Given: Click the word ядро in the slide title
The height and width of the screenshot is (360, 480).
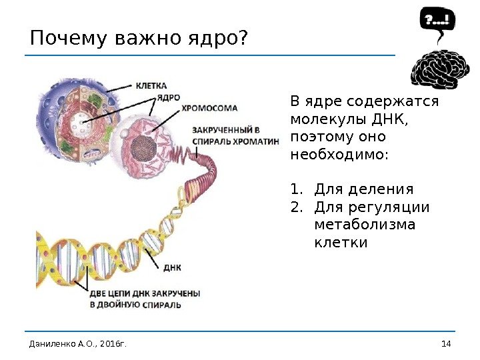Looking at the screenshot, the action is click(x=211, y=39).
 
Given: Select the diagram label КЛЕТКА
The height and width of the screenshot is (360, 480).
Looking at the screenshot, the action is click(x=151, y=86).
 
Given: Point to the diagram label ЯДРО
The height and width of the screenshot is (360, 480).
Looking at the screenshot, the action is click(x=169, y=97).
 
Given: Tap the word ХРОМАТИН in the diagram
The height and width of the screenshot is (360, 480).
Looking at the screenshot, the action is click(x=255, y=141).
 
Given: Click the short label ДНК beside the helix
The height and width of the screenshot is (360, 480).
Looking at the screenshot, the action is click(x=172, y=267).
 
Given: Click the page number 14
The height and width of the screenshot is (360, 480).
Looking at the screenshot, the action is click(x=446, y=343).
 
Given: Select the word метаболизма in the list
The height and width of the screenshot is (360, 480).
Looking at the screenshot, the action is click(x=364, y=224).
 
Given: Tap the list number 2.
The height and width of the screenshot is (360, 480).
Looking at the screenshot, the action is click(x=297, y=207).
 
